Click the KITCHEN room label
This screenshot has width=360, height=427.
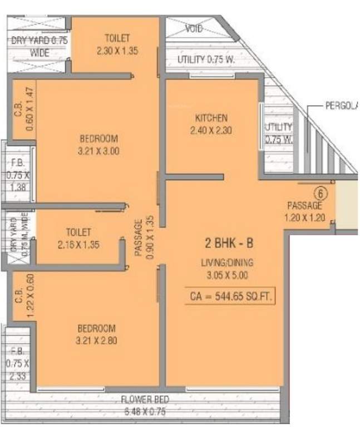211,118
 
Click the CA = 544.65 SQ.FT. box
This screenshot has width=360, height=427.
230,297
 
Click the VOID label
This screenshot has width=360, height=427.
194,29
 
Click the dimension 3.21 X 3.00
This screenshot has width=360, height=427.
100,150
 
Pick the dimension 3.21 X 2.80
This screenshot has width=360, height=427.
97,340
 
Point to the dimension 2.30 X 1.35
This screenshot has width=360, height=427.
117,50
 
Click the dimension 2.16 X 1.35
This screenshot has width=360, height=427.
78,244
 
